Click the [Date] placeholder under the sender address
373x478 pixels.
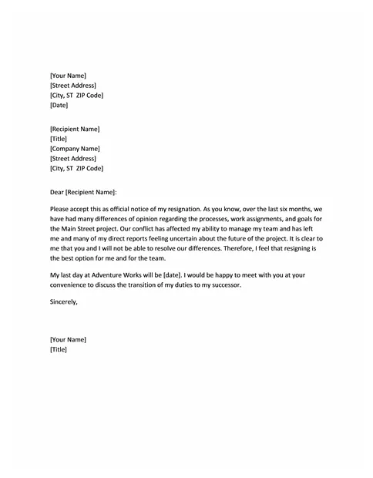59,105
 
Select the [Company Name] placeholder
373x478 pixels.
75,148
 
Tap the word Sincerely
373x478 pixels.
64,302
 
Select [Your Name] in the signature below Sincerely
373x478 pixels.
68,339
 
